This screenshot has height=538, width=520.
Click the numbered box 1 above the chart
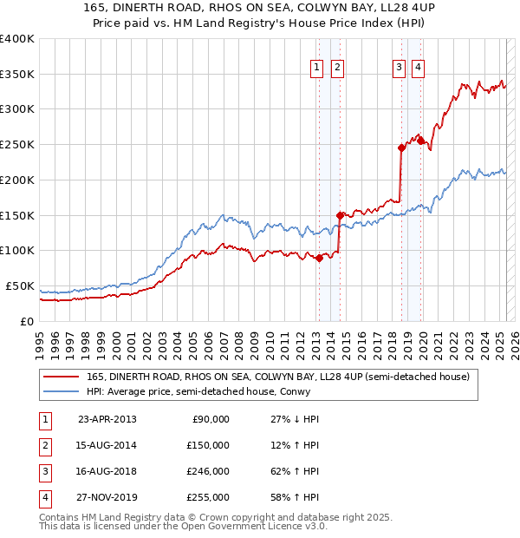(316, 68)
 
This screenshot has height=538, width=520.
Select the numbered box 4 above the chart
(418, 68)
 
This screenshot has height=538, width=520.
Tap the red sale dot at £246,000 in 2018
(401, 148)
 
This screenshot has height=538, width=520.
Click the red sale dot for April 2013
(319, 257)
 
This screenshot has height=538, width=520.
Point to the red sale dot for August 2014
(340, 214)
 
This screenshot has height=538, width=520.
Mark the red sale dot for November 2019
(421, 141)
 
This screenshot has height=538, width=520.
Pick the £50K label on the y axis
(21, 286)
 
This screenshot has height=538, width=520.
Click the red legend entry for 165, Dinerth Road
(277, 377)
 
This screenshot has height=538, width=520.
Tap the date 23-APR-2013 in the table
(107, 419)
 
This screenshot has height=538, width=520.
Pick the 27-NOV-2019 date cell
(107, 497)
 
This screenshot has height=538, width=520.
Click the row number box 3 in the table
(44, 471)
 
